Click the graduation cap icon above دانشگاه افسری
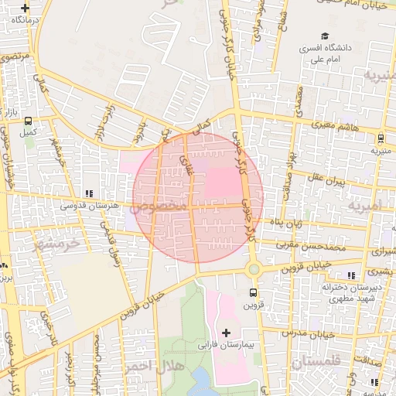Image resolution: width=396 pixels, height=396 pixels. pyautogui.click(x=326, y=36)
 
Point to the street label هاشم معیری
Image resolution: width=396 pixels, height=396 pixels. pyautogui.click(x=335, y=124)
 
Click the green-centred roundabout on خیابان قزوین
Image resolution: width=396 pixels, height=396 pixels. pyautogui.click(x=254, y=269)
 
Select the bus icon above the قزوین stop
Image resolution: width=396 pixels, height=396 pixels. pyautogui.click(x=254, y=292)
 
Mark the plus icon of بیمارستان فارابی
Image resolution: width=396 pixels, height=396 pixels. pyautogui.click(x=226, y=333)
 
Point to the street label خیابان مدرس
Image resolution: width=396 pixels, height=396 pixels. pyautogui.click(x=317, y=334)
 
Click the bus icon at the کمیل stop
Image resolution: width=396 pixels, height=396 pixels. pyautogui.click(x=29, y=121)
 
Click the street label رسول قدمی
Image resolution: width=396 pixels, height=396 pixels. pyautogui.click(x=108, y=242)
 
